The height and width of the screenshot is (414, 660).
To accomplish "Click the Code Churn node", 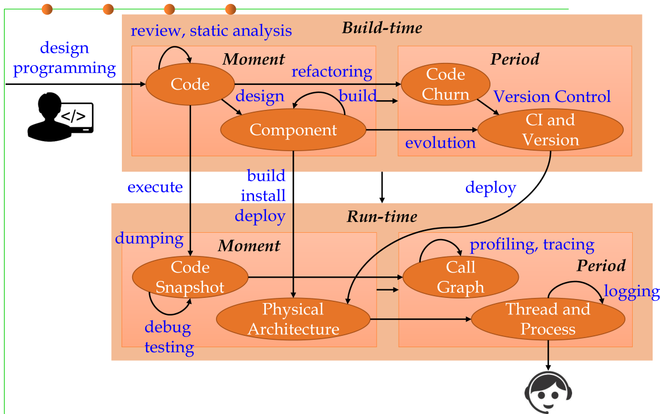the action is tap(445, 84).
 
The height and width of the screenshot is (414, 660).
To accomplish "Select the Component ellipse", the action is tap(293, 130).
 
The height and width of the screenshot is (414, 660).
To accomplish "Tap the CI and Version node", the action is tap(550, 130).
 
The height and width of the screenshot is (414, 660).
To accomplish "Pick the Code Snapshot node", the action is tap(190, 278).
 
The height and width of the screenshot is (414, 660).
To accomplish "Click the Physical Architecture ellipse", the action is tap(293, 319).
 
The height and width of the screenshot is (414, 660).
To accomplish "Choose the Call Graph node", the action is tap(460, 278).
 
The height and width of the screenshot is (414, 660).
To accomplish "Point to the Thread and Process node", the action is tap(548, 319).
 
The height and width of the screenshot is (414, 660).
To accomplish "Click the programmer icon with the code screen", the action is tap(60, 117).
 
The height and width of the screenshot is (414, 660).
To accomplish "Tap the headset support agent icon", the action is tap(548, 392).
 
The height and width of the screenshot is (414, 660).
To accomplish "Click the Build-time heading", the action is tap(382, 28).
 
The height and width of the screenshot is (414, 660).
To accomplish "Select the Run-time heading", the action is tap(382, 216).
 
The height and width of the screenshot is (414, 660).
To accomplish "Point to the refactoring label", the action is tap(332, 72).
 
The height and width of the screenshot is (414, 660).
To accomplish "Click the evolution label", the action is tap(440, 143).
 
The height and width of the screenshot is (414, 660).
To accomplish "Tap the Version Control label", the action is tap(552, 97).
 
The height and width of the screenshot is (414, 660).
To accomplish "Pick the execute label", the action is tap(155, 187).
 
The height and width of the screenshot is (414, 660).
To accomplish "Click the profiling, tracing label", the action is tap(532, 245).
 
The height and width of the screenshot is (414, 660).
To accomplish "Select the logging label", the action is tap(632, 291).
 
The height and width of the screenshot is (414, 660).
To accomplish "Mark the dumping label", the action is tap(149, 239).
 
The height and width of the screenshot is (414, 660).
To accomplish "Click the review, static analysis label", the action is tap(211, 31).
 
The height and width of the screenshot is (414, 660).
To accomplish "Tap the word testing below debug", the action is tap(169, 348).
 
